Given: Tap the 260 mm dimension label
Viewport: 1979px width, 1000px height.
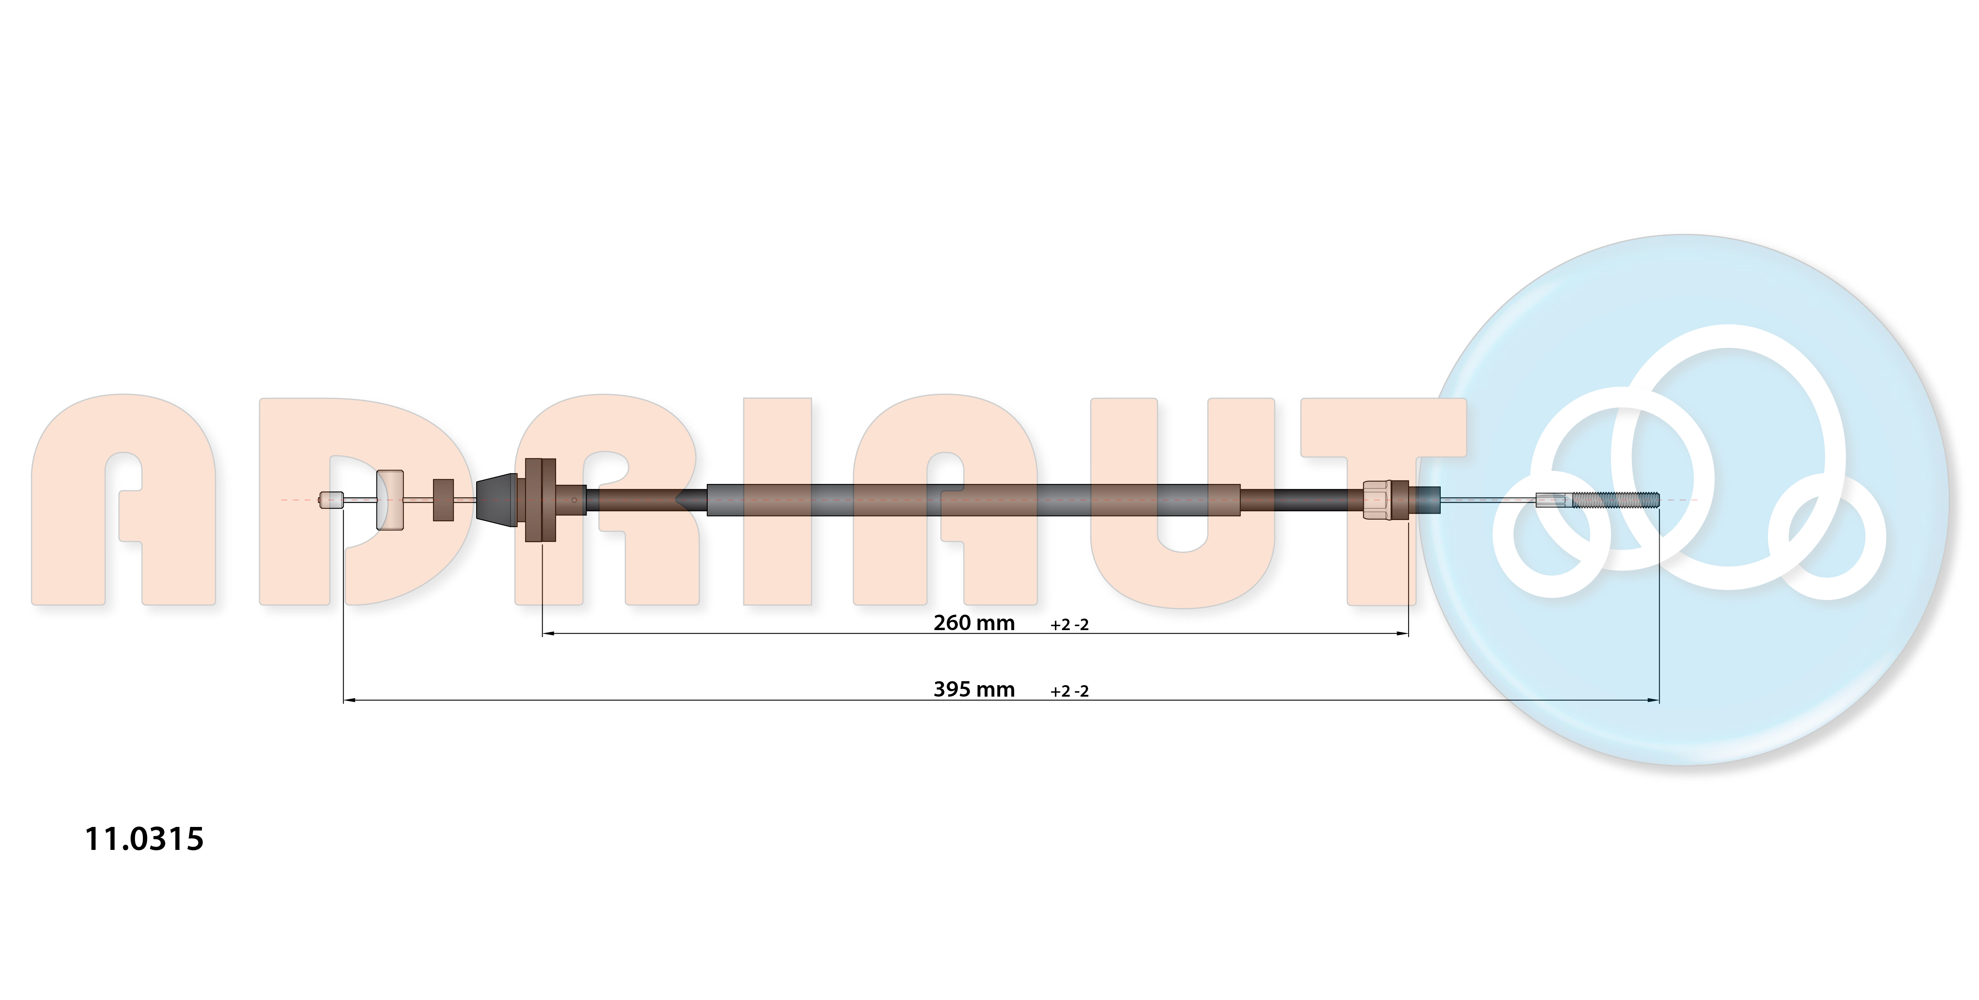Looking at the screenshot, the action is (x=974, y=623).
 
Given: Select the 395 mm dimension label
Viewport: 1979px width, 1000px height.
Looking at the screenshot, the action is (x=974, y=690).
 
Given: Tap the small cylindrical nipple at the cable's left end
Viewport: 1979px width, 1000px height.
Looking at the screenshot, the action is (x=331, y=500).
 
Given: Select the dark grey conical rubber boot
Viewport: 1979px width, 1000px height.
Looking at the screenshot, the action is (x=497, y=500).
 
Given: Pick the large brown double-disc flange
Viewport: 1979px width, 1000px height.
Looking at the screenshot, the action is (x=540, y=500).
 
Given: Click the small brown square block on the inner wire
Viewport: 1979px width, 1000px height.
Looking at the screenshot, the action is (x=443, y=500).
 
